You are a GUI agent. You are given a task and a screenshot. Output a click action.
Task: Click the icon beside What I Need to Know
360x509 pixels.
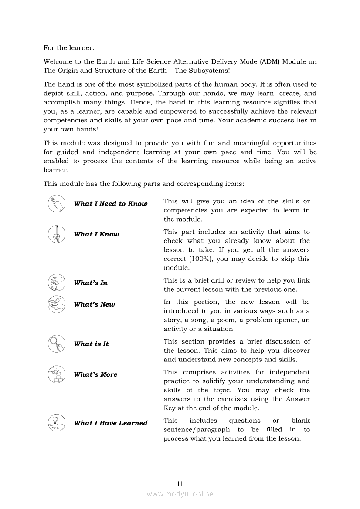pyautogui.click(x=57, y=204)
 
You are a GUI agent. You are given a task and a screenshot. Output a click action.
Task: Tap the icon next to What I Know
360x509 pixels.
pyautogui.click(x=57, y=234)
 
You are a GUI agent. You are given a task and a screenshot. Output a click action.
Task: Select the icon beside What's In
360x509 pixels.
pyautogui.click(x=57, y=283)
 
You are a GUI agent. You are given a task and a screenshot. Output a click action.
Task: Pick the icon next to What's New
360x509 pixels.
pyautogui.click(x=57, y=304)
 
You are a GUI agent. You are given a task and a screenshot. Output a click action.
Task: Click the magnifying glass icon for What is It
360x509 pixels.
pyautogui.click(x=57, y=344)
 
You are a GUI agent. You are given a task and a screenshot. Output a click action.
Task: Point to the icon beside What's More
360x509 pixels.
pyautogui.click(x=57, y=374)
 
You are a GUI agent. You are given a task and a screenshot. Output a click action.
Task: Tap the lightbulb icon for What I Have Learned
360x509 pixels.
pyautogui.click(x=57, y=423)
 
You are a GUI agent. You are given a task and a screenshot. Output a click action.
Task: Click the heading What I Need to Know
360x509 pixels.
pyautogui.click(x=111, y=204)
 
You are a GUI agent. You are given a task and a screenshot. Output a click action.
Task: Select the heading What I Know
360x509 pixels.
pyautogui.click(x=96, y=234)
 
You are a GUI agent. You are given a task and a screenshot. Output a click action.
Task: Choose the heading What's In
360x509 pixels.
pyautogui.click(x=91, y=283)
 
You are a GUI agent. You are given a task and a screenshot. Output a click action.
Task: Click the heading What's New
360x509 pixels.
pyautogui.click(x=95, y=305)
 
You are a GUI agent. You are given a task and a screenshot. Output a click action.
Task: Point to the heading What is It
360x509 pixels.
pyautogui.click(x=92, y=344)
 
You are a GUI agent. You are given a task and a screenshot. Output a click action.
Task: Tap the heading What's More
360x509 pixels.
pyautogui.click(x=96, y=374)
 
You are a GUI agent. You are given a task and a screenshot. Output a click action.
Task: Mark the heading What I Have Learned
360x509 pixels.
pyautogui.click(x=111, y=423)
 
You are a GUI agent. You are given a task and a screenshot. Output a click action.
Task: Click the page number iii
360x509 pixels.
pyautogui.click(x=180, y=484)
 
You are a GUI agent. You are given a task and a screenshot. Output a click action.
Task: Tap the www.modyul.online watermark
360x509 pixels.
pyautogui.click(x=180, y=494)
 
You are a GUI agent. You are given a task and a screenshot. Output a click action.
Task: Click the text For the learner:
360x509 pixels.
pyautogui.click(x=69, y=47)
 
